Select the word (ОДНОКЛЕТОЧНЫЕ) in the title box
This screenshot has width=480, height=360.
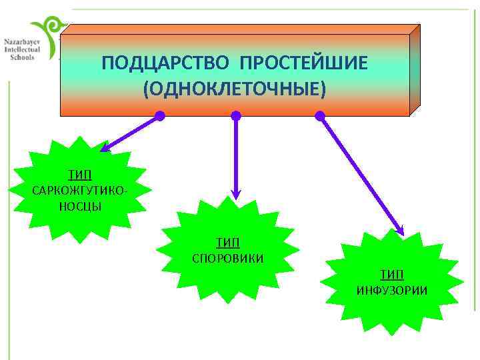click(x=235, y=89)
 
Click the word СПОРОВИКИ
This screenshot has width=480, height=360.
click(x=227, y=257)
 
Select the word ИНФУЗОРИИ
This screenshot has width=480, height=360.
click(x=392, y=290)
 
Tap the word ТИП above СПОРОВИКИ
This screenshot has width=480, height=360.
click(x=227, y=242)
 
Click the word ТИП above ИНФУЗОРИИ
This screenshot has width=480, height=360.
click(x=392, y=275)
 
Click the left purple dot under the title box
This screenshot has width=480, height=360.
click(x=159, y=116)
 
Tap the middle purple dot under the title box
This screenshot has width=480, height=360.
click(x=235, y=116)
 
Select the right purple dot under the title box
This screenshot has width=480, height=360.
click(x=320, y=116)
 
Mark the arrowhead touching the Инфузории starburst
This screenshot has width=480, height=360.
click(x=400, y=229)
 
